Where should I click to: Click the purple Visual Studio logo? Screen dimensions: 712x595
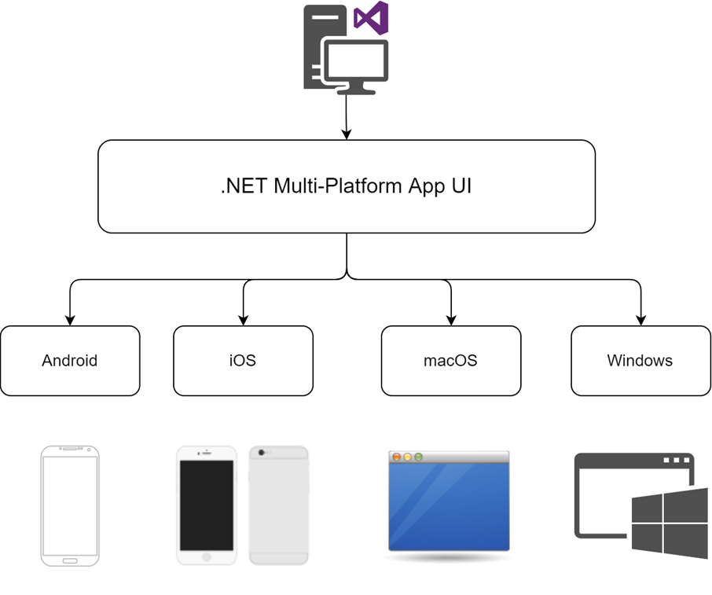click(x=371, y=18)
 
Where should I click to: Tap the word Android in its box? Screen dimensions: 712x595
click(x=69, y=361)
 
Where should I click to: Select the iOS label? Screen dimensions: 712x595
click(x=243, y=361)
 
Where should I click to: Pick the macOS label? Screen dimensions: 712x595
click(x=450, y=361)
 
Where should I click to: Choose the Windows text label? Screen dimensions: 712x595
click(x=640, y=361)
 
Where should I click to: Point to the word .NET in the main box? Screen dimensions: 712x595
click(x=244, y=185)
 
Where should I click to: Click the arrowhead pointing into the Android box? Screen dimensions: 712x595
click(x=70, y=320)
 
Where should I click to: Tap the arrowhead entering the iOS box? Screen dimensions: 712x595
click(x=244, y=320)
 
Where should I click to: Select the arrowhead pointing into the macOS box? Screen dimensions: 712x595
click(x=451, y=320)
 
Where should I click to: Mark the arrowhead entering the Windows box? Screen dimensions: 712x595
click(x=640, y=320)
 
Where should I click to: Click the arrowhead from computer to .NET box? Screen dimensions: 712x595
click(x=347, y=134)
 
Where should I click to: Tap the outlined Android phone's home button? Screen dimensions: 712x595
click(x=70, y=561)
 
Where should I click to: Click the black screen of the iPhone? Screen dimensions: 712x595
click(x=207, y=505)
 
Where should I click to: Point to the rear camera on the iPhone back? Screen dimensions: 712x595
click(x=262, y=453)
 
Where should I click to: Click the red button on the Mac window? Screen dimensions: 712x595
click(x=396, y=457)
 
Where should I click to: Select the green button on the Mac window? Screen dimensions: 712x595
click(x=419, y=457)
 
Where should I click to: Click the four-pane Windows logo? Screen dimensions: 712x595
click(x=670, y=523)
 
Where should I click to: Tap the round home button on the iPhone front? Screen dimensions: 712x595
click(x=207, y=556)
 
